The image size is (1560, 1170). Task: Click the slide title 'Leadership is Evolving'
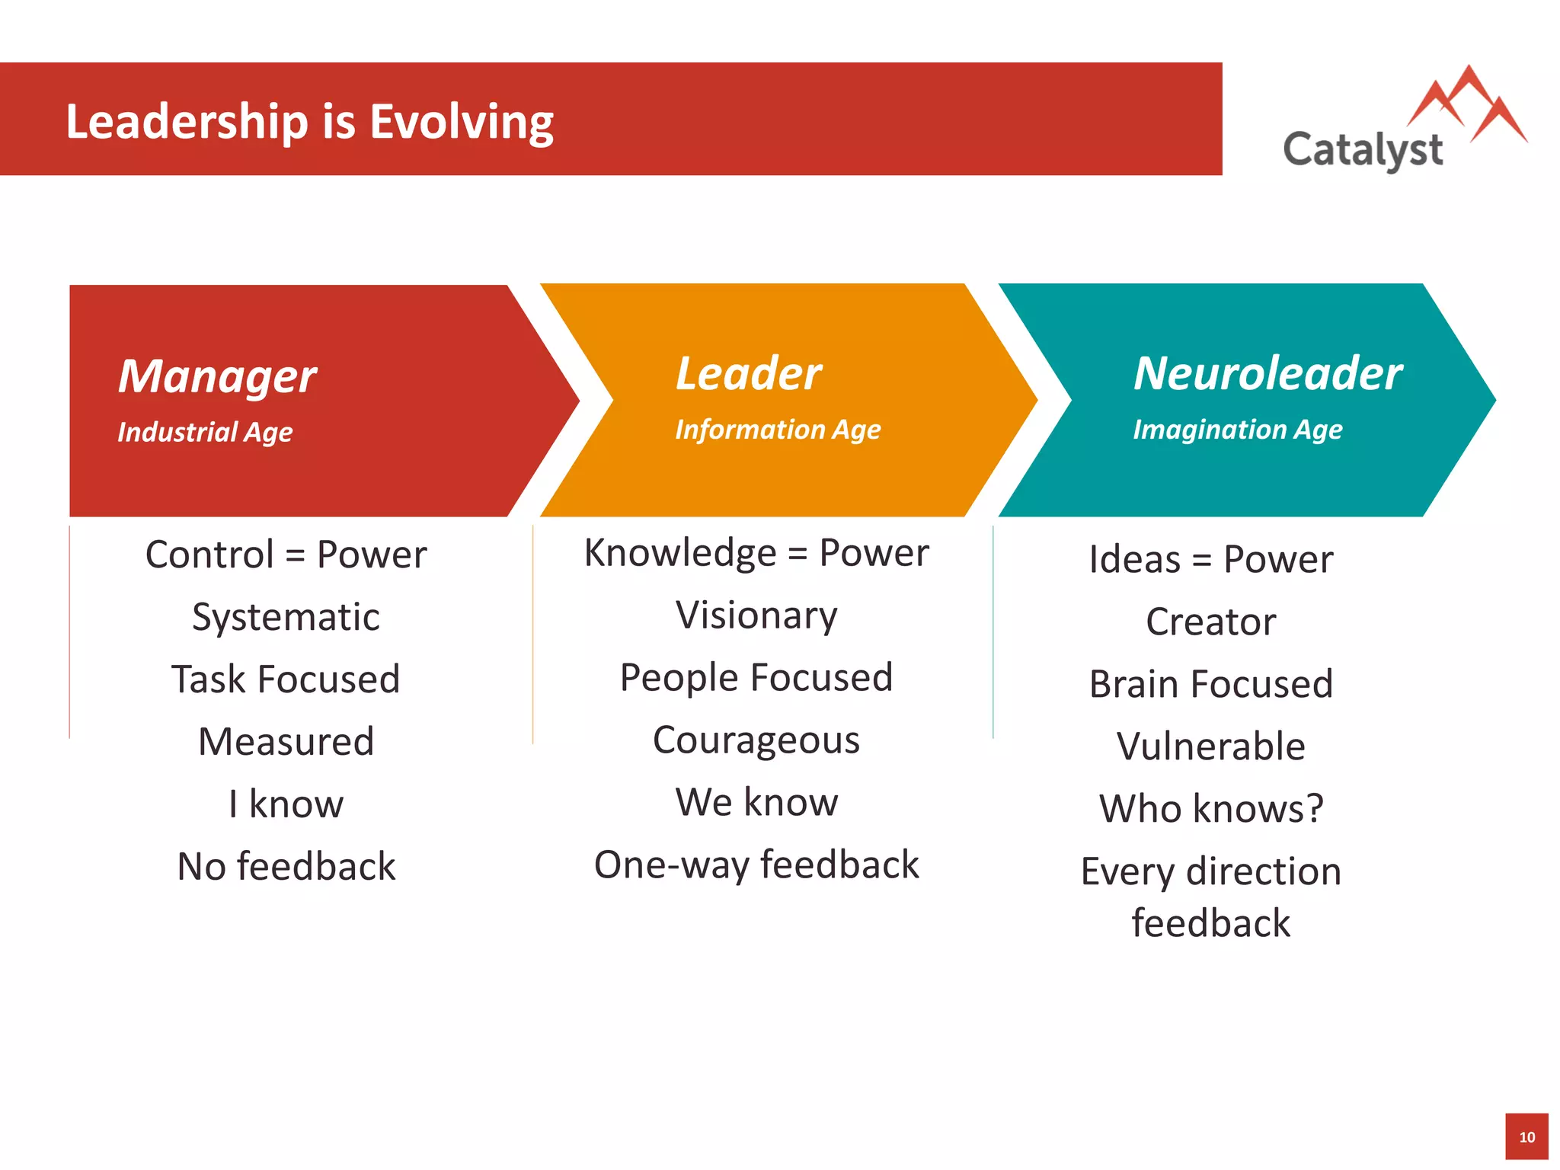(x=309, y=122)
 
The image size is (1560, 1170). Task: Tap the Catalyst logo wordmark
(x=1363, y=150)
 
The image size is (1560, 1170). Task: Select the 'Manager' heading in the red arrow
(x=217, y=376)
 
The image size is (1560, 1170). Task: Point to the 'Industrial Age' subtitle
(x=205, y=432)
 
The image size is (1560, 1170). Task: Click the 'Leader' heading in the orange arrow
(x=749, y=374)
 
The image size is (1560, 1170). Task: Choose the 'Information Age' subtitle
(x=778, y=430)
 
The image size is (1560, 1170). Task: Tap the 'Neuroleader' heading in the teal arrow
(x=1267, y=374)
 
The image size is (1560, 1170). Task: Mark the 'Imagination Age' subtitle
(x=1237, y=430)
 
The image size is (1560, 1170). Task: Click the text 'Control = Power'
(x=286, y=555)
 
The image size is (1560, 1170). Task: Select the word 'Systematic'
(x=286, y=617)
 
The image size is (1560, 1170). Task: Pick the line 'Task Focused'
(x=286, y=679)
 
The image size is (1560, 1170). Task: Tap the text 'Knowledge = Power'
(x=756, y=553)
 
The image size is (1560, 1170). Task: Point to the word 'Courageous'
(x=756, y=740)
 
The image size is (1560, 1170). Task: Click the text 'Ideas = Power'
(x=1211, y=560)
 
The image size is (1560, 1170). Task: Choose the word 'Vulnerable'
(x=1211, y=746)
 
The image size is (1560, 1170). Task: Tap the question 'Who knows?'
(x=1211, y=809)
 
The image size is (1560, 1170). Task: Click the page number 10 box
(x=1526, y=1137)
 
